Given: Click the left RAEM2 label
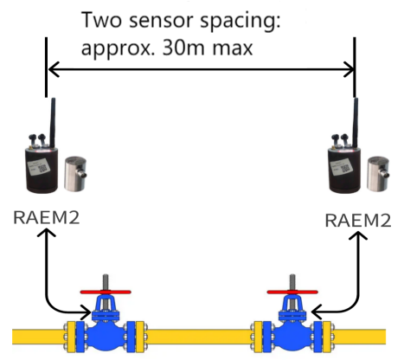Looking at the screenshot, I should click(48, 216).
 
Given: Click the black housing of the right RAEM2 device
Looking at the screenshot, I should click(345, 169).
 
